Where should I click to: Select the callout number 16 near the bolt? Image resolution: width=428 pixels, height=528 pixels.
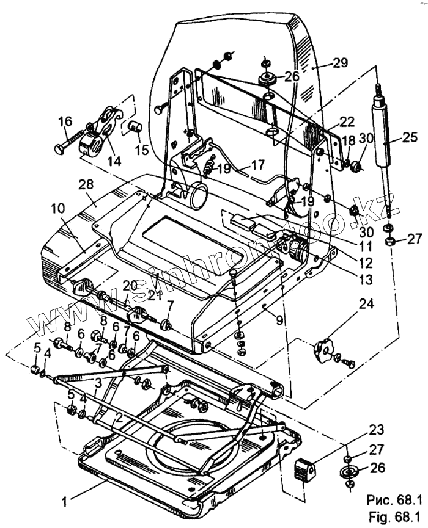point(65,123)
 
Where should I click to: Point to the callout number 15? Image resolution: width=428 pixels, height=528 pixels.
point(142,149)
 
